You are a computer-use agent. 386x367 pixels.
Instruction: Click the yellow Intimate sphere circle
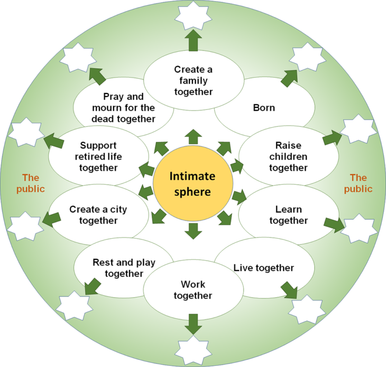click(x=193, y=184)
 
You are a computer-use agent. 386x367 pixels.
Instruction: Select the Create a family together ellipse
click(x=193, y=80)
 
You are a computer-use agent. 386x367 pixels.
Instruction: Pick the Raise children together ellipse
click(x=288, y=156)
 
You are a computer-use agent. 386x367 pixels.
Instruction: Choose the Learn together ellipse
click(x=288, y=214)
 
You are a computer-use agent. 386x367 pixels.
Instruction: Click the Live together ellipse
click(x=263, y=268)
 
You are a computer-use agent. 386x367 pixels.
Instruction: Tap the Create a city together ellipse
click(x=98, y=214)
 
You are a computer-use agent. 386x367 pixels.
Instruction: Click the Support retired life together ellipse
click(x=98, y=156)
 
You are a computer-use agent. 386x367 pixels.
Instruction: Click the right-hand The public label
click(x=358, y=183)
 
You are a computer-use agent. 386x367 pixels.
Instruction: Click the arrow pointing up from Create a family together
click(x=193, y=41)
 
